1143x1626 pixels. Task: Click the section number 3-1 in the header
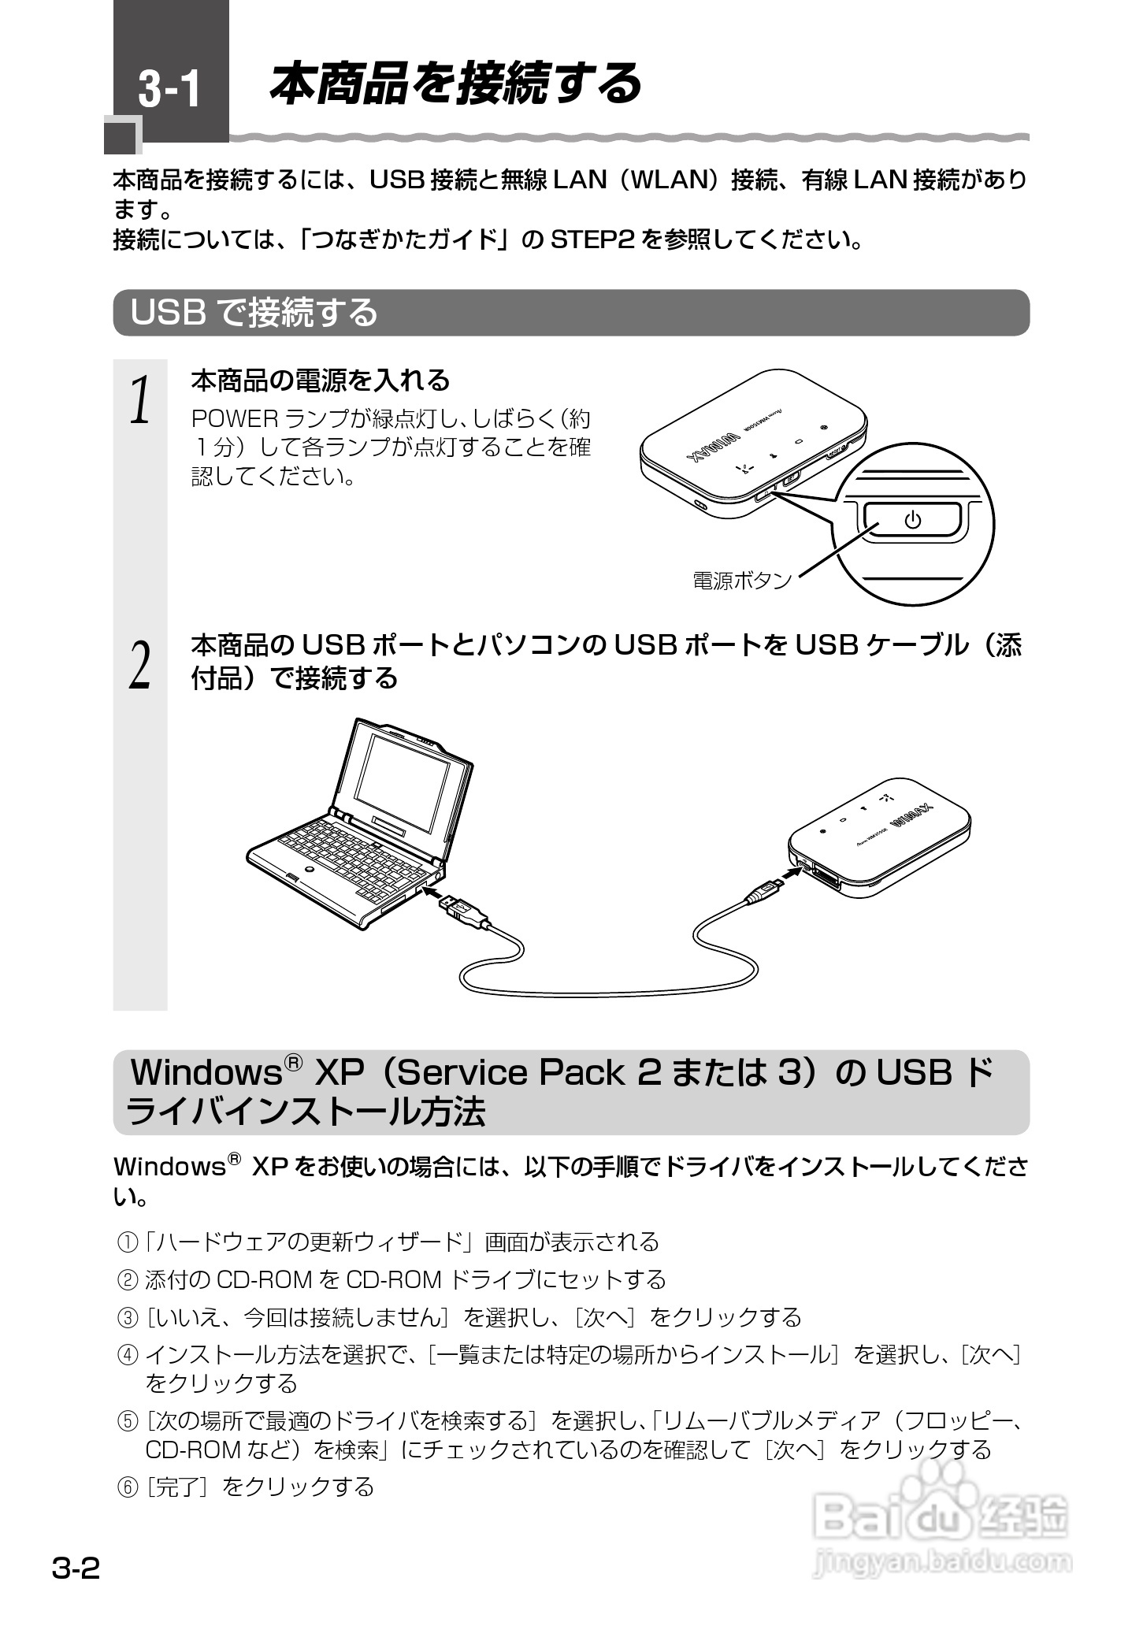[x=170, y=89]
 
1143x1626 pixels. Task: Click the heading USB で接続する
[x=254, y=313]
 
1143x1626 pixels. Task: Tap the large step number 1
[x=140, y=400]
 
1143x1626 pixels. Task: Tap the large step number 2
[x=140, y=666]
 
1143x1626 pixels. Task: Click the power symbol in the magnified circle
[x=912, y=520]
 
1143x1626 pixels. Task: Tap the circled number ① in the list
[x=127, y=1243]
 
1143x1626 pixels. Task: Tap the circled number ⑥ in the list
[x=127, y=1488]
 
